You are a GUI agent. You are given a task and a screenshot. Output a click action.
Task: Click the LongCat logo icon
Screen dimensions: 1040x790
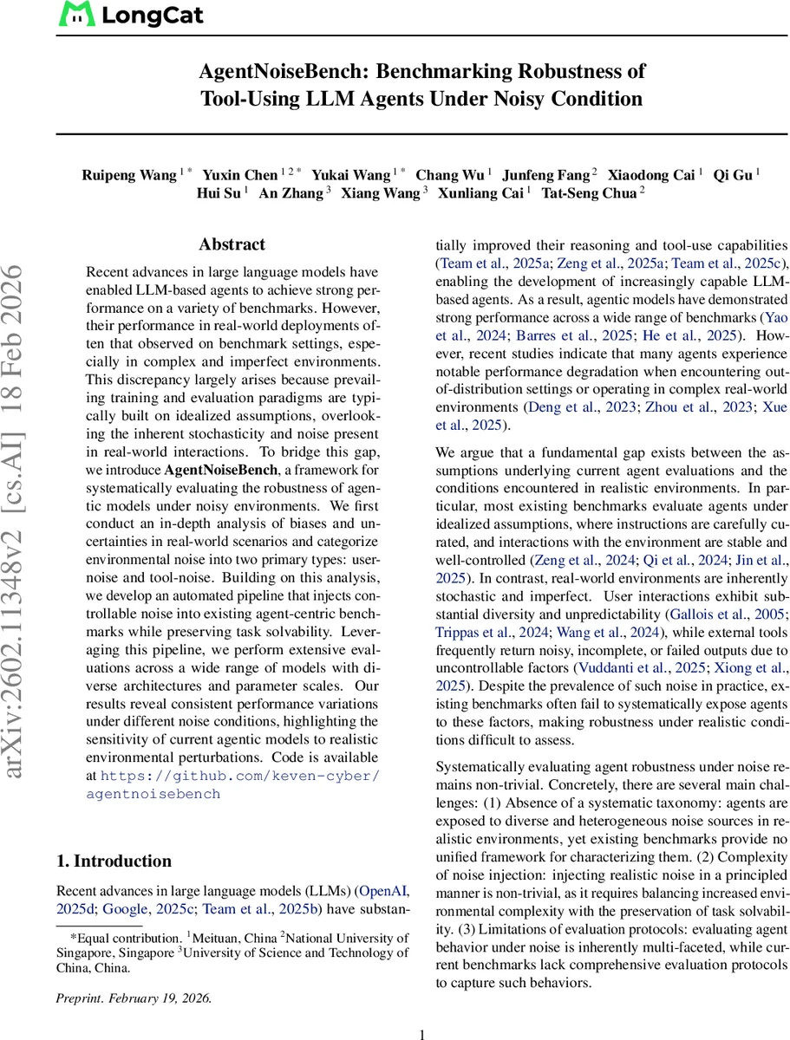click(75, 16)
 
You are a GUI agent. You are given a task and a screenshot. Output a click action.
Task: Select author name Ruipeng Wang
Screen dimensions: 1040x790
click(128, 174)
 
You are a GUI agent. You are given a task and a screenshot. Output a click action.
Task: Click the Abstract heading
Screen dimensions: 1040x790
click(232, 244)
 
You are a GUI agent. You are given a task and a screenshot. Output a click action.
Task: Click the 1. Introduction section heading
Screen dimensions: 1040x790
click(114, 861)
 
